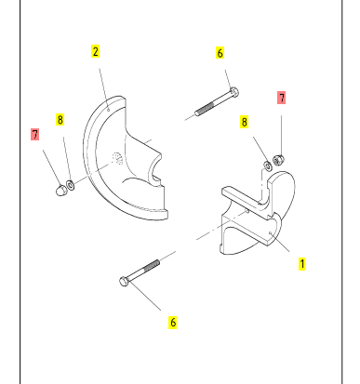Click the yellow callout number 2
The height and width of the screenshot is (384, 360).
(95, 51)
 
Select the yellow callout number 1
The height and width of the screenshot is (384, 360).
(301, 264)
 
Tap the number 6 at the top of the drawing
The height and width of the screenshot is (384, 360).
(220, 53)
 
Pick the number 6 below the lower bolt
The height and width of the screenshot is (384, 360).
(173, 323)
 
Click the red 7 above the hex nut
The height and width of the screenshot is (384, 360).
(282, 98)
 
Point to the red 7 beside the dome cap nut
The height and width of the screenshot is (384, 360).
(35, 135)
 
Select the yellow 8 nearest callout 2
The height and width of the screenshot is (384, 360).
(60, 120)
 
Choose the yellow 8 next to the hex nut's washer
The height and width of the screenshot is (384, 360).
(245, 122)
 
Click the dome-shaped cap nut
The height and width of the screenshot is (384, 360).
(61, 190)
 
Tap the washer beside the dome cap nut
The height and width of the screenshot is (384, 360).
(71, 185)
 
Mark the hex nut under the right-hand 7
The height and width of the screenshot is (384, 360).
(279, 160)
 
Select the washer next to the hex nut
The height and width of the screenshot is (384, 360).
(268, 166)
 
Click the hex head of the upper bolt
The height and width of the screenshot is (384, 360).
(234, 92)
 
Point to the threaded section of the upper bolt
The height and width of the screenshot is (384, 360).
(205, 108)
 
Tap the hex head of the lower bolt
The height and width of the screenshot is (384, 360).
(124, 282)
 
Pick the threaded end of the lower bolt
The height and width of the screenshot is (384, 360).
(151, 266)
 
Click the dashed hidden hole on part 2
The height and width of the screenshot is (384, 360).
(117, 158)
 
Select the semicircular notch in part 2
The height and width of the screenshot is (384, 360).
(154, 169)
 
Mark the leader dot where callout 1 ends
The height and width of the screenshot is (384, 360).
(271, 232)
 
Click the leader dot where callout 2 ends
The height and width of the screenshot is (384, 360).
(108, 109)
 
